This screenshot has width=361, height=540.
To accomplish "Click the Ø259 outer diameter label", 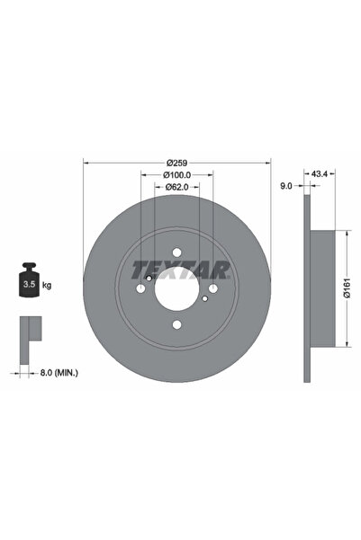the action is pyautogui.click(x=176, y=163).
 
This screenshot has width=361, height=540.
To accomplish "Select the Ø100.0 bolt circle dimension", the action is pyautogui.click(x=176, y=175).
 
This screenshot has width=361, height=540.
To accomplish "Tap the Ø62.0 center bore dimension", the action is pyautogui.click(x=176, y=187).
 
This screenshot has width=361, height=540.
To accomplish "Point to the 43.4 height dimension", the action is pyautogui.click(x=320, y=174).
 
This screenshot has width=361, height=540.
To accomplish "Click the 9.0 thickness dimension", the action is pyautogui.click(x=286, y=186).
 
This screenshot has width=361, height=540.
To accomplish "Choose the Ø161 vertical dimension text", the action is pyautogui.click(x=347, y=288).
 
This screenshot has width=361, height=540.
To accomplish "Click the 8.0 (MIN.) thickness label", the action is pyautogui.click(x=59, y=372).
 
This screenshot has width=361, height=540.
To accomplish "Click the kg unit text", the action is pyautogui.click(x=47, y=285).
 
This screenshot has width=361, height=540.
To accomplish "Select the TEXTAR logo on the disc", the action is pyautogui.click(x=180, y=270).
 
